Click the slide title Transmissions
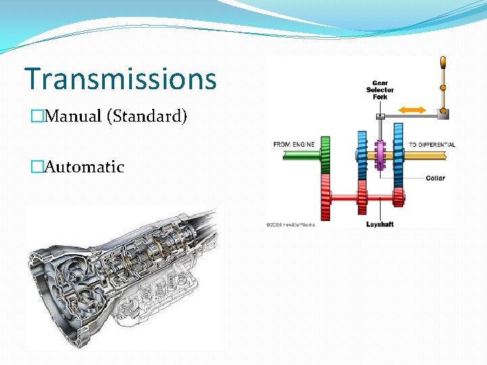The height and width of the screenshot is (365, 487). click(x=120, y=78)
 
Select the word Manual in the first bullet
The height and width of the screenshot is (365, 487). click(x=72, y=116)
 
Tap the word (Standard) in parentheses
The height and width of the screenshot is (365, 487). click(x=147, y=116)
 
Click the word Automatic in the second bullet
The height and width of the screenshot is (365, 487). click(x=83, y=166)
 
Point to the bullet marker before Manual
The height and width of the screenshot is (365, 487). click(x=37, y=116)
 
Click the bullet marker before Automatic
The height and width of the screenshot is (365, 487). click(x=37, y=167)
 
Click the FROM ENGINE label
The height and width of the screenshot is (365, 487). click(x=294, y=145)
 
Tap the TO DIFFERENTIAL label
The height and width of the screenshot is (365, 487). click(x=432, y=145)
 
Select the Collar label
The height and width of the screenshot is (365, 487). click(x=436, y=178)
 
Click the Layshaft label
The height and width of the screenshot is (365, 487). click(x=379, y=224)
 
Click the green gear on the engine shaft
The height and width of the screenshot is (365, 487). click(x=325, y=155)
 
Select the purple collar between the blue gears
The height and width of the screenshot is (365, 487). click(x=380, y=155)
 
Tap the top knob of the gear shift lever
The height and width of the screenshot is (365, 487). click(x=443, y=64)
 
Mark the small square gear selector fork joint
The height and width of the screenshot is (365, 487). click(x=381, y=117)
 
